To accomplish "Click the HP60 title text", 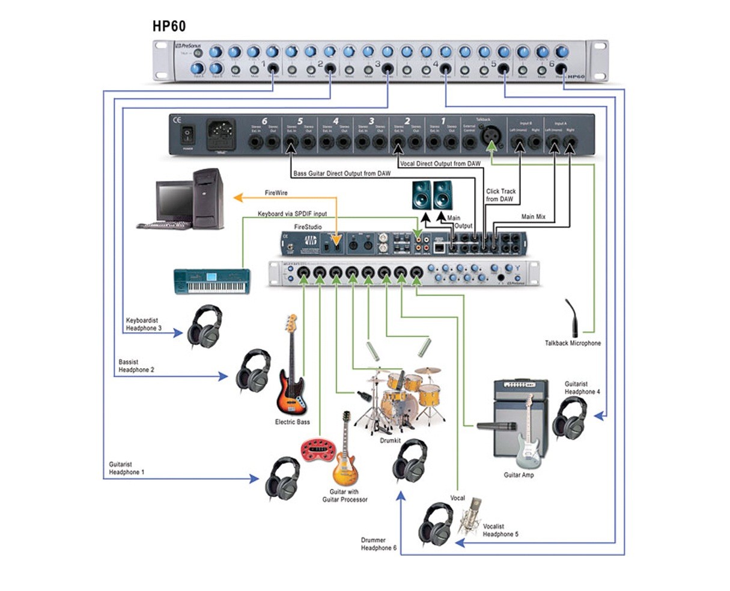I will [169, 26].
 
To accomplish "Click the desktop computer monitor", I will [175, 201].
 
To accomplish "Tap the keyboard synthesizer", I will [211, 282].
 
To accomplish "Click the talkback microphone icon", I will [572, 318].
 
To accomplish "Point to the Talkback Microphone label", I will [572, 343].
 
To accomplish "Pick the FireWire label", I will [276, 193].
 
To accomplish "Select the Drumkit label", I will [390, 440].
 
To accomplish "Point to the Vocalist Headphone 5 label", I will [500, 530].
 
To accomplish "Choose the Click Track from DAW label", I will [500, 195].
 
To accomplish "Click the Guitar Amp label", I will [519, 475].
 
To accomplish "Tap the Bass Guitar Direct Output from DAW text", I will [341, 174].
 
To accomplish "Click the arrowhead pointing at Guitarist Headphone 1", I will [255, 479].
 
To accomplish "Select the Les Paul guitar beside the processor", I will [345, 453].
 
